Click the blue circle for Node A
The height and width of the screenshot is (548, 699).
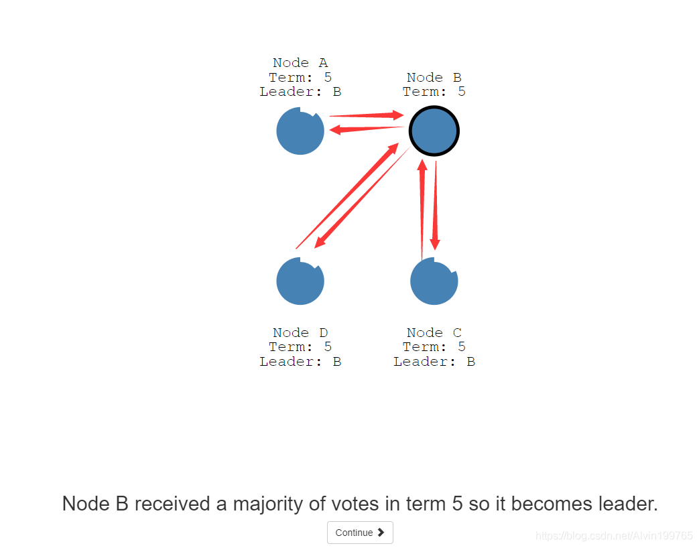300,131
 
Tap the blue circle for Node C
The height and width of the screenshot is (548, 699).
434,281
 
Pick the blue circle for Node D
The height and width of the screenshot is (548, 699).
300,281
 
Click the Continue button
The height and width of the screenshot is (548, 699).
360,533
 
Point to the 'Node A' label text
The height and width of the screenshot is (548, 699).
300,63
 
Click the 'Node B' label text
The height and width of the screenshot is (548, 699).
434,78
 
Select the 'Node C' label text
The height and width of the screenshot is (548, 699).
434,333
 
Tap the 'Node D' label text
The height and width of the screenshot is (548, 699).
300,333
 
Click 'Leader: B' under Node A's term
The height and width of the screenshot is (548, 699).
300,92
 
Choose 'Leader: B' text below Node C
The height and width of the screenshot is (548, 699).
434,362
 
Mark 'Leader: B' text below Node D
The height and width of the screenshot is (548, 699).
300,362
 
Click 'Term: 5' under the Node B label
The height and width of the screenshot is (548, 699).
434,92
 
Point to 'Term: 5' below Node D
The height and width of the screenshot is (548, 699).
300,347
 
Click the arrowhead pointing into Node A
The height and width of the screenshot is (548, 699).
334,130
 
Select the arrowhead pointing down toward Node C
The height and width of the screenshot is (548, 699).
435,244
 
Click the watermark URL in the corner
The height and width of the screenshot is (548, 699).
615,535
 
